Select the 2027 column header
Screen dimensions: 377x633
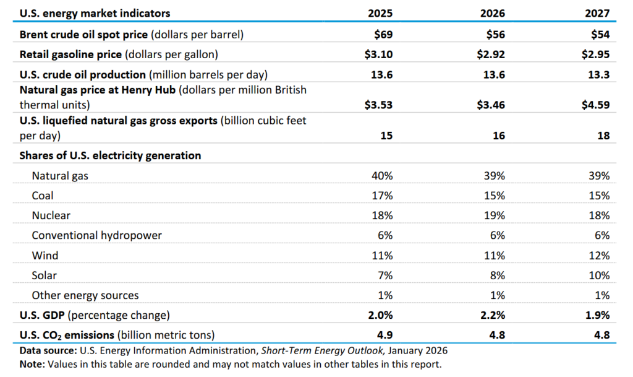coord(598,13)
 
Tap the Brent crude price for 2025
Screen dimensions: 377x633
coord(383,35)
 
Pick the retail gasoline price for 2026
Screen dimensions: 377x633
coord(491,54)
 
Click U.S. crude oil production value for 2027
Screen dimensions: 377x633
coord(598,75)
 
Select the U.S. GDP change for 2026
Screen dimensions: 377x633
coord(493,315)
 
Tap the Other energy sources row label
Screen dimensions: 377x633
coord(85,295)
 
